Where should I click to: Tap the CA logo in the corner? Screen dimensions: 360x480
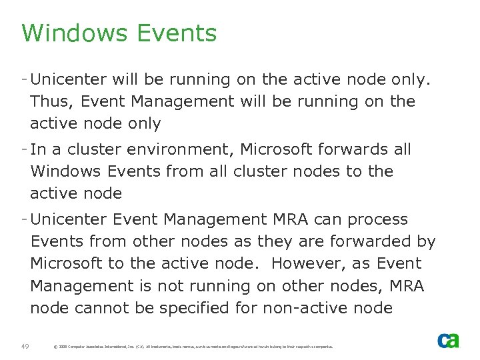pyautogui.click(x=448, y=340)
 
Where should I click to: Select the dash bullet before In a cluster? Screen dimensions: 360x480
pyautogui.click(x=25, y=149)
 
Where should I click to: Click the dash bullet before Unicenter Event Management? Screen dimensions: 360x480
pyautogui.click(x=25, y=219)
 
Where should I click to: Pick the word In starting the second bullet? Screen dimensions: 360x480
pyautogui.click(x=38, y=150)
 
